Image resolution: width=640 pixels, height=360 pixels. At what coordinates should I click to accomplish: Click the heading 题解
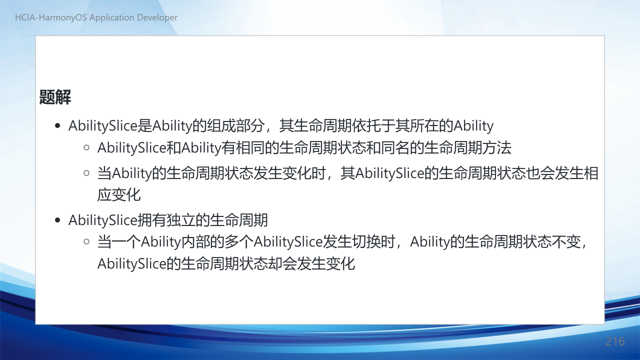pos(55,97)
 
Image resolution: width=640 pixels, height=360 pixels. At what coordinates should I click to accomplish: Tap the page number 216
pos(615,341)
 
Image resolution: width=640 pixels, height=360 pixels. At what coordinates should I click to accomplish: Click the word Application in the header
pos(111,17)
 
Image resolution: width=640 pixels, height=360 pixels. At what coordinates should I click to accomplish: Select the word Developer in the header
pos(157,17)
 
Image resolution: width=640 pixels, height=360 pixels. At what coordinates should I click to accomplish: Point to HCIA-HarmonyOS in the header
pos(51,17)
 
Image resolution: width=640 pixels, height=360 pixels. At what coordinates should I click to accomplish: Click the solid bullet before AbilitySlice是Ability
pos(57,125)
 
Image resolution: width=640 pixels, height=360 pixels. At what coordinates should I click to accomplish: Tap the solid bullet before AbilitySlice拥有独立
pos(57,220)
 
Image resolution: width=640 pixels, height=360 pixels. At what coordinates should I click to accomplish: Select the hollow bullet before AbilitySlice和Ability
pos(86,147)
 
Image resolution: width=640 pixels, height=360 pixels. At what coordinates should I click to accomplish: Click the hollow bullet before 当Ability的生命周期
pos(86,173)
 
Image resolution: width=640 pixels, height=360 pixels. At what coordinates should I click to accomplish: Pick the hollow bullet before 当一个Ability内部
pos(86,241)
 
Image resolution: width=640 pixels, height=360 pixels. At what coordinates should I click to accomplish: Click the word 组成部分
pos(235,125)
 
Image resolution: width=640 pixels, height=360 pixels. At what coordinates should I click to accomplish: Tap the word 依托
pos(366,125)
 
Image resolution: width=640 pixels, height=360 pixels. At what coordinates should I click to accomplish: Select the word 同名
pos(395,147)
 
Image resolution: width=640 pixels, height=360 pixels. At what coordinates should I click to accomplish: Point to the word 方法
pos(497,147)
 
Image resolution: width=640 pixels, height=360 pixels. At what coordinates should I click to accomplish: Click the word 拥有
pos(152,220)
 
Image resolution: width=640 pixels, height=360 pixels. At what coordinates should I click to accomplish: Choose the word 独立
pos(181,220)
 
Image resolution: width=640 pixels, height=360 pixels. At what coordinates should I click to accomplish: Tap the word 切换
pos(366,241)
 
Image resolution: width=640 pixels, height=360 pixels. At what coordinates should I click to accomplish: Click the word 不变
pos(566,241)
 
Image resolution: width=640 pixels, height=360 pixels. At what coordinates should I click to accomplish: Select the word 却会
pos(282,263)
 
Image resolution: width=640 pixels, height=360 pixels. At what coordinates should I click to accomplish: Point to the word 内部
pos(195,241)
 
